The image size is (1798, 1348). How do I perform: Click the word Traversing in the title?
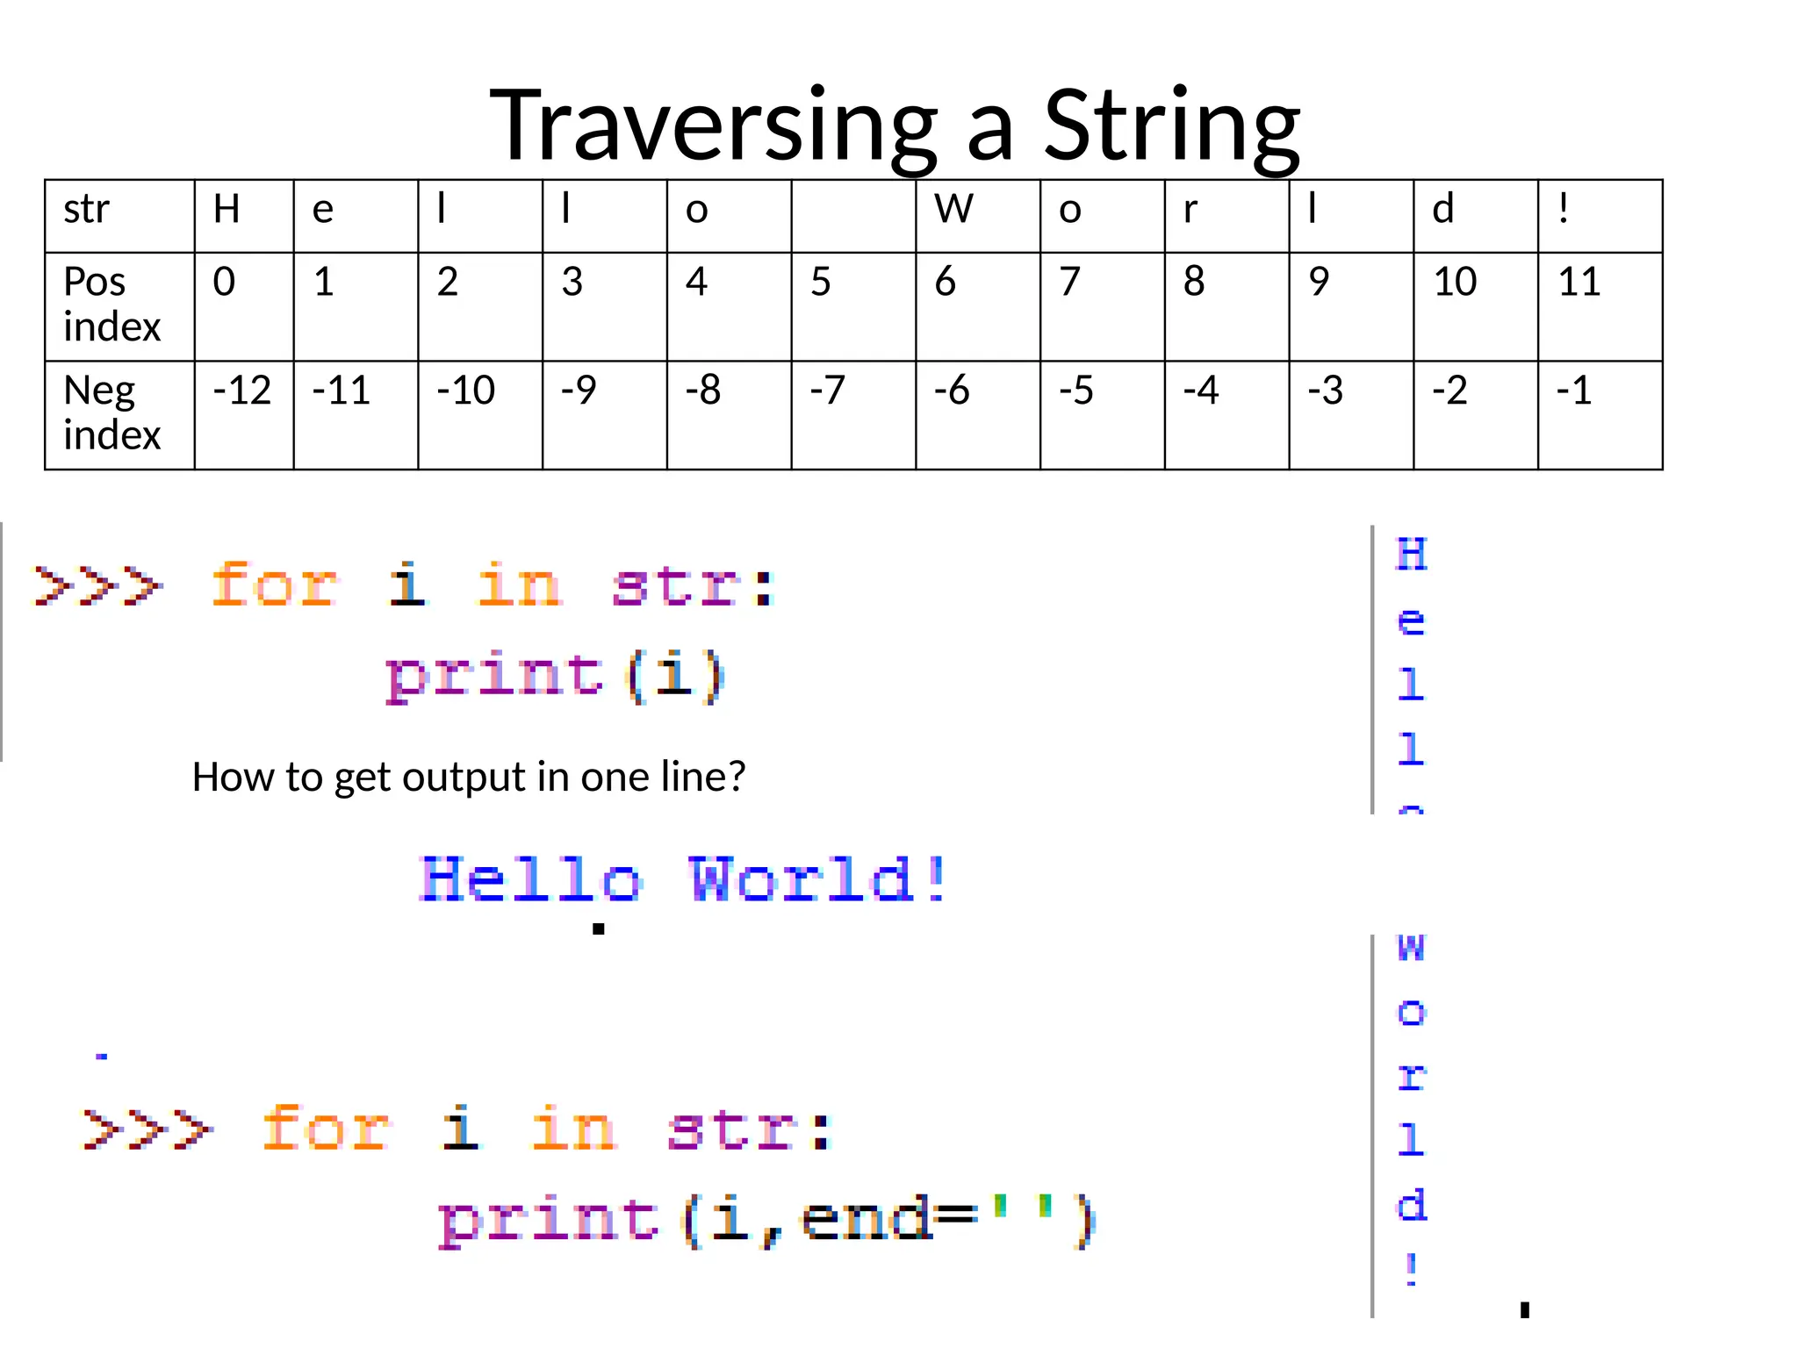tap(713, 126)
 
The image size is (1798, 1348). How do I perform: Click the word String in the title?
tap(1171, 126)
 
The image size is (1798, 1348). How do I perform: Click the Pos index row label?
tap(112, 305)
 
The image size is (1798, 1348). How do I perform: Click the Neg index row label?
tap(112, 412)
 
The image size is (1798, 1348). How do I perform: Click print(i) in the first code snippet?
tap(555, 677)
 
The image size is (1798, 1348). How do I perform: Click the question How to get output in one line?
tap(469, 778)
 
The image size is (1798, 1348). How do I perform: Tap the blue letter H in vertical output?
tap(1412, 555)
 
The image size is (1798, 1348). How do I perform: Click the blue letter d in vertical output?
tap(1412, 1206)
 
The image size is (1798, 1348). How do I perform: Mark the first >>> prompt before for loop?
tap(97, 585)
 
